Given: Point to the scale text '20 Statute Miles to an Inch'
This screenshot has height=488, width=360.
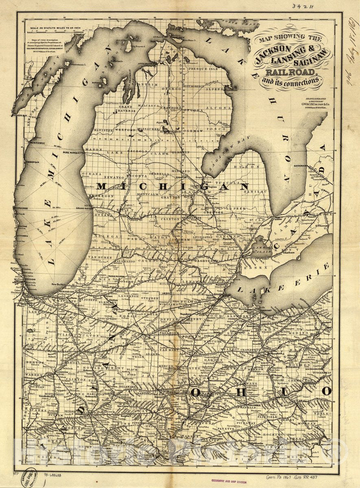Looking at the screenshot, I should point(50,30).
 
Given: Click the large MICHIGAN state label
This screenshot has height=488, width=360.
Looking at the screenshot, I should point(172,186).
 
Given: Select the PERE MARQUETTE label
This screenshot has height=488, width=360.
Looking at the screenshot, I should point(73,152).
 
